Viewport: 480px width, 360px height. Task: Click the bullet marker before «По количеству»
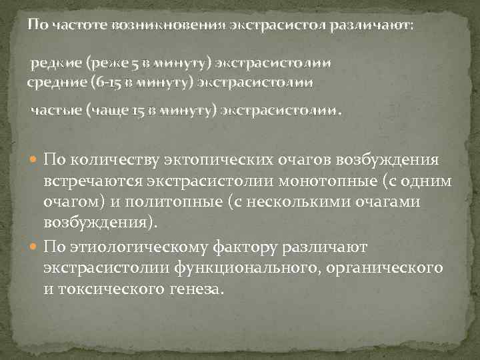click(35, 161)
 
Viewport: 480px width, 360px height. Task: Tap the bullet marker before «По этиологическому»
click(35, 248)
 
